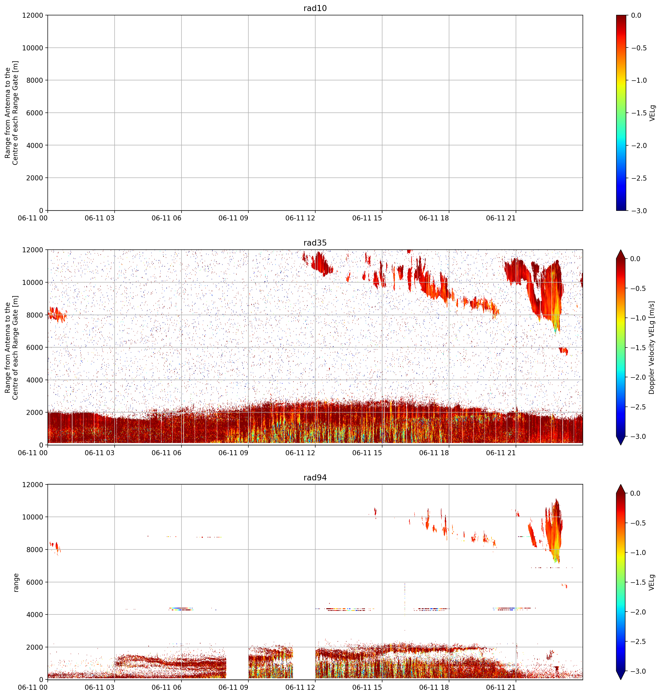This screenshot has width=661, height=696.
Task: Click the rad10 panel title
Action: pyautogui.click(x=315, y=8)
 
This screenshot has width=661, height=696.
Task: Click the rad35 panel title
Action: pyautogui.click(x=315, y=243)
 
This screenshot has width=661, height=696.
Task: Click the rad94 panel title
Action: pyautogui.click(x=315, y=478)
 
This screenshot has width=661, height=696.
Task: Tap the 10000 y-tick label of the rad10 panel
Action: pyautogui.click(x=32, y=48)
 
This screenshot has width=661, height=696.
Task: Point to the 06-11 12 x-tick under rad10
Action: pyautogui.click(x=300, y=218)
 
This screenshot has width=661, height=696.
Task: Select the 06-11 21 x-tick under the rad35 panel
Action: pyautogui.click(x=501, y=453)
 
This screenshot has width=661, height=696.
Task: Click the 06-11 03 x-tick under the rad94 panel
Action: pyautogui.click(x=100, y=688)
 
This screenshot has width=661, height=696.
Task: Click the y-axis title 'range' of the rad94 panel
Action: pyautogui.click(x=16, y=583)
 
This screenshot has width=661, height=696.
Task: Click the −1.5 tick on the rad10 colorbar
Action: pyautogui.click(x=639, y=113)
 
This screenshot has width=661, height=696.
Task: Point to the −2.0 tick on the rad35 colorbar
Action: pyautogui.click(x=639, y=377)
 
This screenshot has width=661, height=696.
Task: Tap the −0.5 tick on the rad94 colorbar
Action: pyautogui.click(x=639, y=523)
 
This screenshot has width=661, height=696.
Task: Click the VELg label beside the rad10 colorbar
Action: pyautogui.click(x=652, y=113)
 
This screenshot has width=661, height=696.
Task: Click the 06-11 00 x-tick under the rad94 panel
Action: pyautogui.click(x=33, y=688)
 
